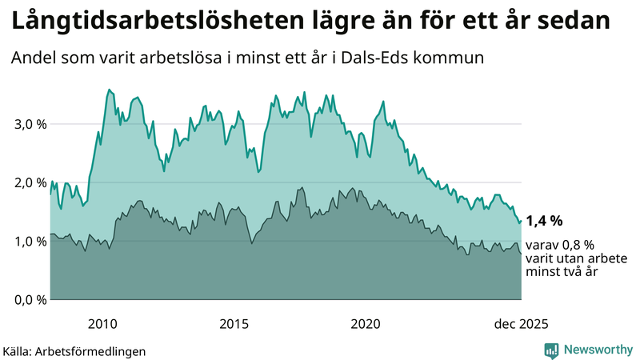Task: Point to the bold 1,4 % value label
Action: point(544,220)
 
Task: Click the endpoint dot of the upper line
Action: point(521,221)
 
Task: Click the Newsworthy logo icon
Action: point(551,350)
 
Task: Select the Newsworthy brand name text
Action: point(597,350)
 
